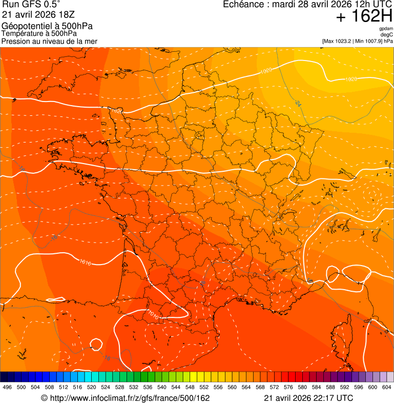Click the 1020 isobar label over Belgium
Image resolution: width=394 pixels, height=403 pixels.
click(x=266, y=71)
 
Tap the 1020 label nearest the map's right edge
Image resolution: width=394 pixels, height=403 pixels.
click(x=351, y=79)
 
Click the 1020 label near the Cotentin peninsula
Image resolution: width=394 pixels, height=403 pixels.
click(x=117, y=111)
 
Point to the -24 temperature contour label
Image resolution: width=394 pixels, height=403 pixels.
click(x=298, y=104)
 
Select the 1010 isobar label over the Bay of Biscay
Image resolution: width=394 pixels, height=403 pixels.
click(x=86, y=263)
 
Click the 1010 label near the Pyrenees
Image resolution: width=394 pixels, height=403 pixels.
click(x=153, y=313)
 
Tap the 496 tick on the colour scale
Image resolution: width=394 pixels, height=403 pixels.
click(x=7, y=388)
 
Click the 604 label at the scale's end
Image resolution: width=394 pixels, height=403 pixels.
click(x=387, y=388)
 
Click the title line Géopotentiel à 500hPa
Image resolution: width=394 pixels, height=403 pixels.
click(x=47, y=26)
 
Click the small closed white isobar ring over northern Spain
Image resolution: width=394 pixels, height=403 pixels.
click(x=95, y=344)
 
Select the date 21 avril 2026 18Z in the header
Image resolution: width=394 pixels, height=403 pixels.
click(x=38, y=15)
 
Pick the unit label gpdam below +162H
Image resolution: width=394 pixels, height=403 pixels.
click(x=386, y=29)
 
